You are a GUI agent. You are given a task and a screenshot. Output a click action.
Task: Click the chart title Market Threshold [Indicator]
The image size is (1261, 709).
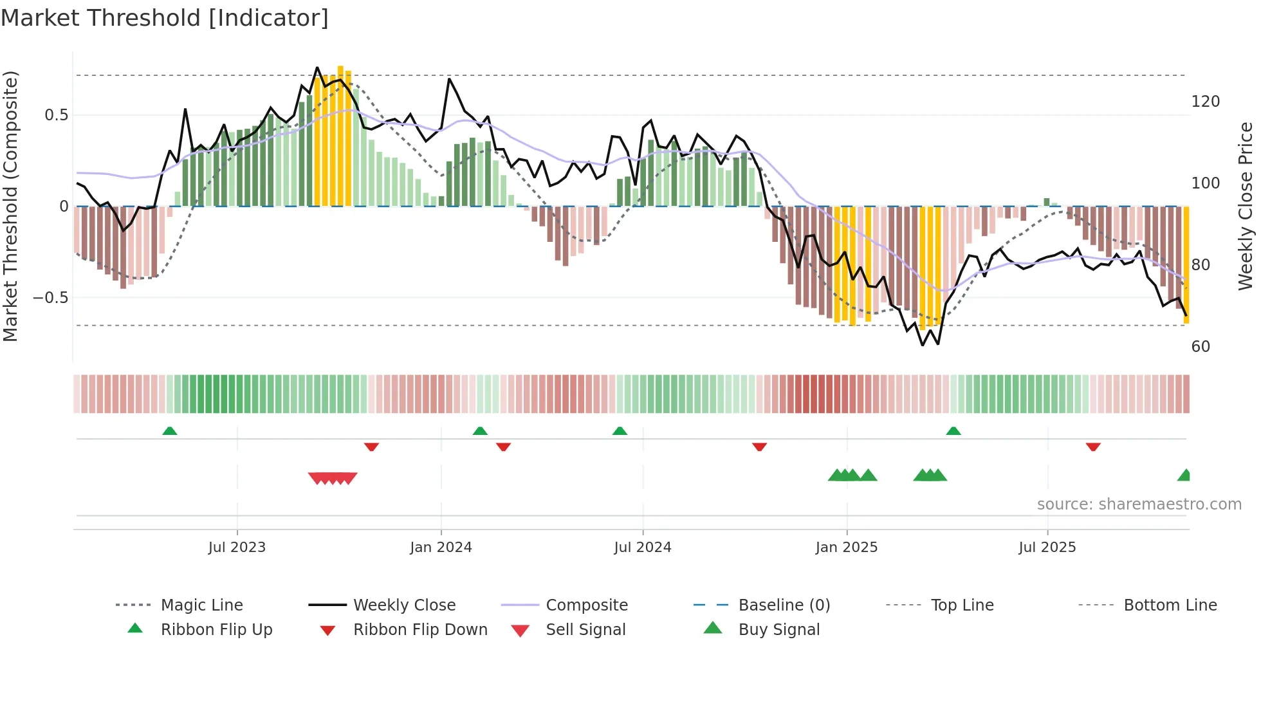coord(165,18)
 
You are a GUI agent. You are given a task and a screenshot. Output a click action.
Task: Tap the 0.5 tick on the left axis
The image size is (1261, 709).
coord(56,115)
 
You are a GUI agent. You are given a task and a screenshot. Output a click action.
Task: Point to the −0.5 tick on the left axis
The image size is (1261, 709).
coord(51,298)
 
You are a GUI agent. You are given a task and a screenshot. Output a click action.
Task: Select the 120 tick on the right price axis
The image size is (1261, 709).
coord(1205,102)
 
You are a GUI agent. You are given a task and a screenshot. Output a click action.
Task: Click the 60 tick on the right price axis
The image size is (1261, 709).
coord(1201,347)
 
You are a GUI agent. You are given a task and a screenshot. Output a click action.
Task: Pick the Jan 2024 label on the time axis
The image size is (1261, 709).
coord(441,548)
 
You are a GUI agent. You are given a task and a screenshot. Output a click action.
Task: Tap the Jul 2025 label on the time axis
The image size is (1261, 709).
coord(1047,548)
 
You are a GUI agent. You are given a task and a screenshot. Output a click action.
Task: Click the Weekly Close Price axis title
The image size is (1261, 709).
coord(1246,206)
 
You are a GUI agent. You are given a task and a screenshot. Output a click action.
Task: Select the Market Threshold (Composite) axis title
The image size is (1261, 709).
coord(10,206)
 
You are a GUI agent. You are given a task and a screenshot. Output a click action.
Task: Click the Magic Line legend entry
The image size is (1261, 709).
coord(201,605)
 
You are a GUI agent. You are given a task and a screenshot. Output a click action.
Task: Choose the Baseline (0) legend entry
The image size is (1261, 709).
coord(784,605)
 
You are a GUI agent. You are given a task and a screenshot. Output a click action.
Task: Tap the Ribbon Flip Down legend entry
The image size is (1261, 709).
coord(420,630)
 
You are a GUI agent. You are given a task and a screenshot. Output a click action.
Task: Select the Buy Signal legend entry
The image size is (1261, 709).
coord(778,630)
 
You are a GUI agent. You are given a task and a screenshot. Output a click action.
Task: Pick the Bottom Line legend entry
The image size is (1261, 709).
coord(1170,605)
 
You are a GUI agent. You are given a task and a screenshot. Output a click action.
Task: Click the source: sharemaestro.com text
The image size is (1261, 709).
coord(1139,504)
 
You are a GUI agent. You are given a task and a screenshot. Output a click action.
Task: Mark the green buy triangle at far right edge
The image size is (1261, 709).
coord(1185,475)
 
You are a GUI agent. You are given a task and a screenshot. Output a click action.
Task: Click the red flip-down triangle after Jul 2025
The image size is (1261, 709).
coord(1093,447)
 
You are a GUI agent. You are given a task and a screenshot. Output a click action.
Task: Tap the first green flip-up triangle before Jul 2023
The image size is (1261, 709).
coord(170,431)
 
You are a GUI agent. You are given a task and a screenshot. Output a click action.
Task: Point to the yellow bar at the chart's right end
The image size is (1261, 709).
coord(1186,264)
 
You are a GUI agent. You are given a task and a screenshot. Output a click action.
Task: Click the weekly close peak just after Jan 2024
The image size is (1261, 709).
coord(449,79)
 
